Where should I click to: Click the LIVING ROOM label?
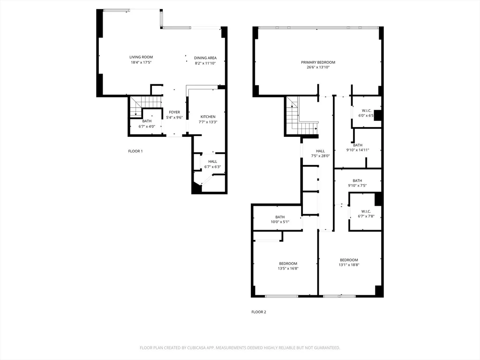[141, 57]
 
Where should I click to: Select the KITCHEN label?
[208, 117]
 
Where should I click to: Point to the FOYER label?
[174, 112]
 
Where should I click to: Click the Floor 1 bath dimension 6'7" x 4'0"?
[147, 126]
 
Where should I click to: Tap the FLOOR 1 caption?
[135, 151]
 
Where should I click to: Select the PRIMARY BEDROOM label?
[318, 62]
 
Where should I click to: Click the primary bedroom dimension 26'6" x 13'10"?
[318, 67]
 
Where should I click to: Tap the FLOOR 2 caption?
[259, 312]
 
